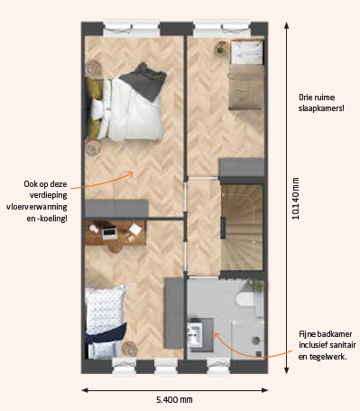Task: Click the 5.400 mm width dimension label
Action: (174, 400)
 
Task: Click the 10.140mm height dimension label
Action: (296, 199)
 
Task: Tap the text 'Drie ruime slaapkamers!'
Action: (321, 103)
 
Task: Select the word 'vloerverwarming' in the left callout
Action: (36, 207)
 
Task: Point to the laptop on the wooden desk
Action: (108, 233)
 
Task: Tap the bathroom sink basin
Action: (195, 334)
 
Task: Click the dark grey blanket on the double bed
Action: (144, 80)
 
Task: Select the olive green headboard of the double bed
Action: (94, 107)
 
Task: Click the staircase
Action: (242, 227)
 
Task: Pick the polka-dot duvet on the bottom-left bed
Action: (104, 310)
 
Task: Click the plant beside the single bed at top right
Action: (221, 48)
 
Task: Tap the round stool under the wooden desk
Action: (115, 248)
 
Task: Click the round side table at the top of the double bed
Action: (93, 68)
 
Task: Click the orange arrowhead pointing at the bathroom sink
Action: (217, 335)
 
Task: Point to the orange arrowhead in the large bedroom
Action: (130, 173)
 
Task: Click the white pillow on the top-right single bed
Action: (248, 51)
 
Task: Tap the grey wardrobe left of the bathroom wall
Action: (174, 313)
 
